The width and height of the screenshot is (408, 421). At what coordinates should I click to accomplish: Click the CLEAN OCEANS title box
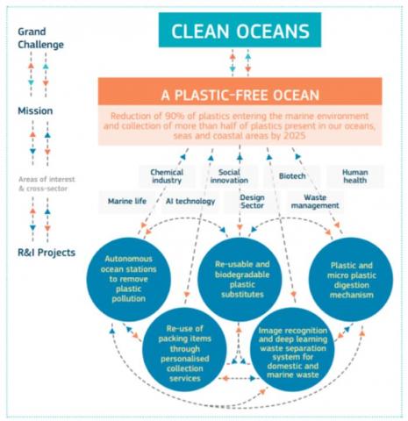point(240,30)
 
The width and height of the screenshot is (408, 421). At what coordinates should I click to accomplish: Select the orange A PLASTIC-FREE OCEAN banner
point(240,91)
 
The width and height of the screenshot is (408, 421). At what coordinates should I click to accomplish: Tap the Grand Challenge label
point(40,39)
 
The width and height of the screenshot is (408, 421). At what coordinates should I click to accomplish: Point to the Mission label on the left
point(35,111)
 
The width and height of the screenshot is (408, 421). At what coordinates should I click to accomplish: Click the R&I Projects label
point(47,253)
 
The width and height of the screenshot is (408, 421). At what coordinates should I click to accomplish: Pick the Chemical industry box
point(167,176)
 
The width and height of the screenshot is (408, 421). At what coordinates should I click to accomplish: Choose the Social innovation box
point(229,176)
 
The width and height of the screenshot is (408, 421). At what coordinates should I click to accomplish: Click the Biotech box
point(292,176)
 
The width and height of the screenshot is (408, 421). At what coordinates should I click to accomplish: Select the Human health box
point(355,176)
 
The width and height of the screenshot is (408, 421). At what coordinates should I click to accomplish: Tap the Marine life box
point(127,202)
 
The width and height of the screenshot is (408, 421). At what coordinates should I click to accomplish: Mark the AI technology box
point(190,202)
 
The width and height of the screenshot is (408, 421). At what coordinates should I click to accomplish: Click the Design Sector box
point(252,202)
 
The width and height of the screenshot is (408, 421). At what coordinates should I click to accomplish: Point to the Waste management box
point(315,202)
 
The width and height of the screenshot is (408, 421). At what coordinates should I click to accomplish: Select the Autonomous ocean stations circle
point(129,280)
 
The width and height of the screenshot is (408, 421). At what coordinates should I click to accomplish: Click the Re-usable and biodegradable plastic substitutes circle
point(240,280)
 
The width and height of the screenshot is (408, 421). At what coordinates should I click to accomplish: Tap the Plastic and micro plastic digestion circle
point(351,280)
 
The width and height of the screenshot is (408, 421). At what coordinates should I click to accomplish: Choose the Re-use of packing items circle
point(184,350)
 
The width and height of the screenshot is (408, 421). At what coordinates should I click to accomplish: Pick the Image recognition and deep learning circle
point(292,350)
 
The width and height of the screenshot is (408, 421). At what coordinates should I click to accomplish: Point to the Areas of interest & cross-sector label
point(47,183)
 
